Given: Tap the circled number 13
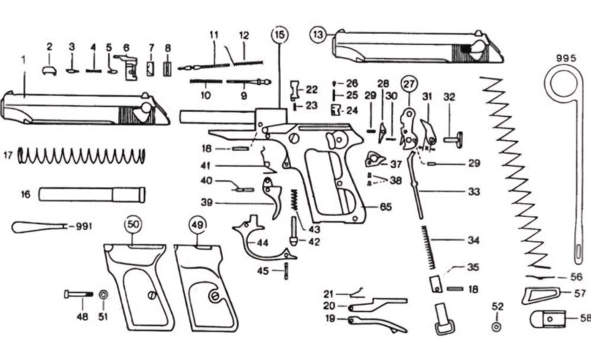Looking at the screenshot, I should coord(319,35).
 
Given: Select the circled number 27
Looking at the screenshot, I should coord(408,85).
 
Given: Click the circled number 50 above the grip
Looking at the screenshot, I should coord(133,225).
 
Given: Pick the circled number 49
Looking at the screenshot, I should coord(198,225).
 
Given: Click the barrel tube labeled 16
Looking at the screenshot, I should coord(92,194).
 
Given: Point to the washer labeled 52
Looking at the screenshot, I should coord(496,326).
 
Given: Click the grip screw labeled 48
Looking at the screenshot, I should coord(77,294).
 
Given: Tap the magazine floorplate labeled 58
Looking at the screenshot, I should coord(547,319).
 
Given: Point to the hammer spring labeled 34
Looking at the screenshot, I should coord(428,249).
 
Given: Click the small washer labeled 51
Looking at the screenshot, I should coord(103,294).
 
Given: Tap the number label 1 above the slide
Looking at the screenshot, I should coord(24,60).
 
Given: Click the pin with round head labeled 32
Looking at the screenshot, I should coord(451,140).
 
